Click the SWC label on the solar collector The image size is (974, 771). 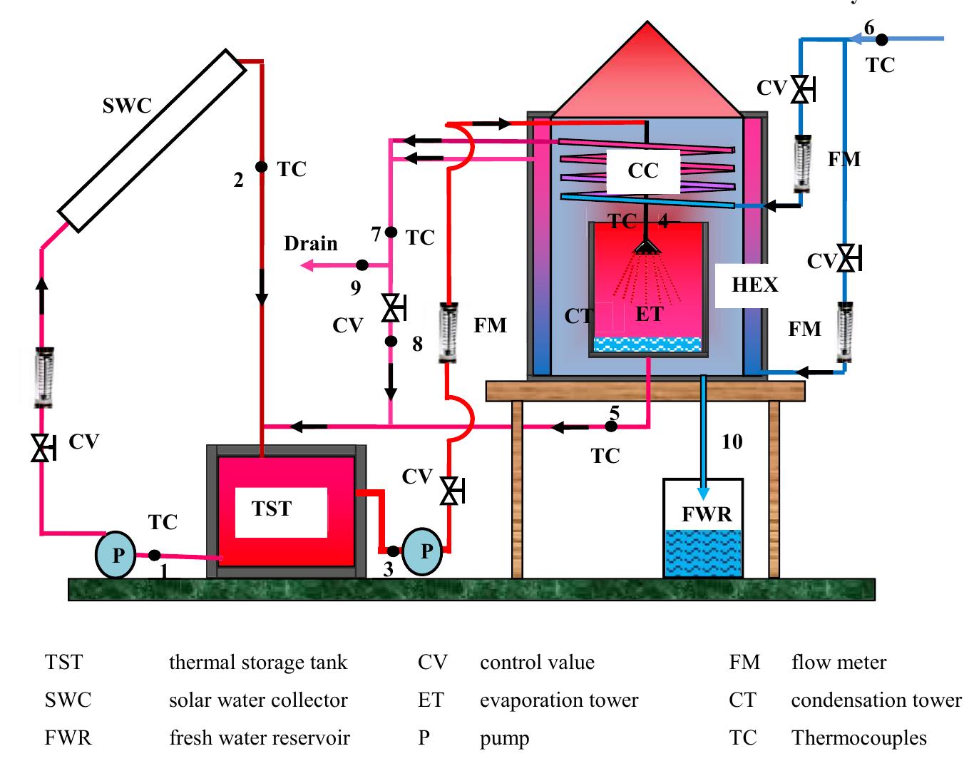pos(127,106)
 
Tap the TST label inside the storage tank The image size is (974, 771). pos(272,509)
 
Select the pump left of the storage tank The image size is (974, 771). pos(116,554)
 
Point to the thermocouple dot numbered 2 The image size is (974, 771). pos(262,167)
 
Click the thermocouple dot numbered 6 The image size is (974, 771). pos(882,40)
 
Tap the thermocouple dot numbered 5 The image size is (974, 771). pos(611,426)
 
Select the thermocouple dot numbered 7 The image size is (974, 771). pos(391,232)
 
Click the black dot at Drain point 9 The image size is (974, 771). pos(362,265)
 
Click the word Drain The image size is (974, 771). pos(310,244)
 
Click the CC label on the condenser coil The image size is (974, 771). pos(642,171)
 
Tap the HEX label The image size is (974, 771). pos(754,285)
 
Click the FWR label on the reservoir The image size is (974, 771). pos(706,514)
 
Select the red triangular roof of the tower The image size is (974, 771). pos(647,78)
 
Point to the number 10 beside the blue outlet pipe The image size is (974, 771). pos(732,442)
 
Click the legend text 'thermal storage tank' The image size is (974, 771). pos(257,663)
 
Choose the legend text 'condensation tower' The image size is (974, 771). pos(876,700)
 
